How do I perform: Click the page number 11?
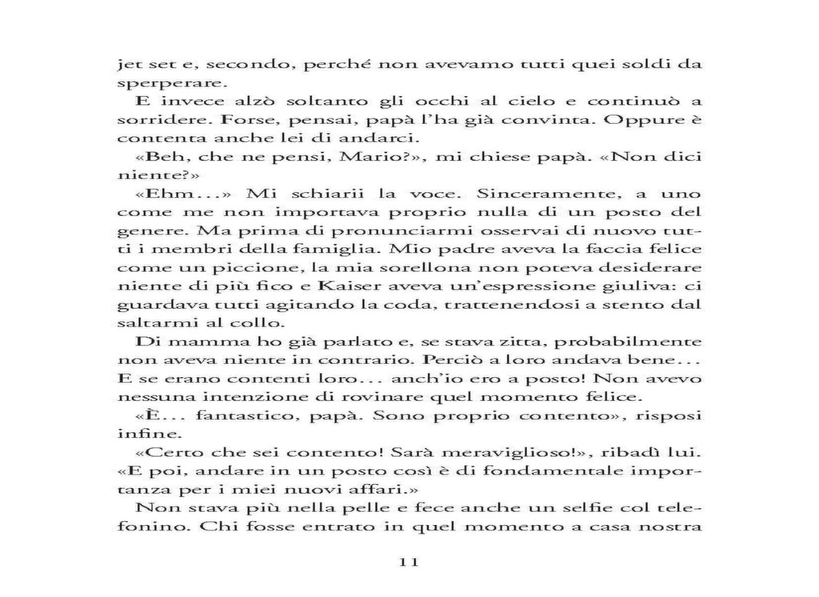point(409,563)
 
